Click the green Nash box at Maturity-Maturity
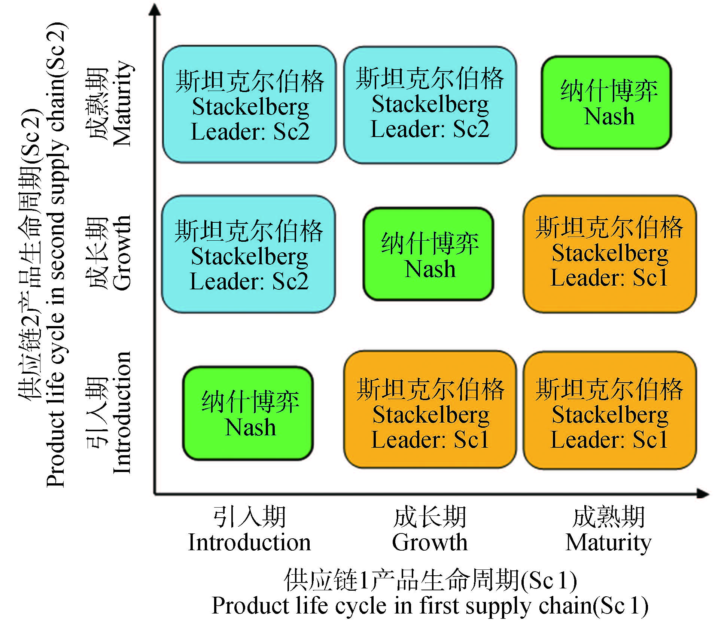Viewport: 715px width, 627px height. click(x=606, y=102)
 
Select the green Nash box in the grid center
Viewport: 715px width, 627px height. click(x=428, y=254)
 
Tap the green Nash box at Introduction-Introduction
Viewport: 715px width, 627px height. click(x=248, y=413)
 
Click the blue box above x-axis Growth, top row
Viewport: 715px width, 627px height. click(x=430, y=105)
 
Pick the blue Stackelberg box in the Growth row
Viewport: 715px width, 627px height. click(x=249, y=254)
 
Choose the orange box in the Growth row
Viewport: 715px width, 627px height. click(x=609, y=254)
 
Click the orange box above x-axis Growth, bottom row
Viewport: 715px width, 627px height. click(x=430, y=410)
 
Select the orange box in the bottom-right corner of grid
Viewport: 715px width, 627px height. click(x=609, y=410)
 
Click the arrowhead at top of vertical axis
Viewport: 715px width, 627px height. click(x=155, y=9)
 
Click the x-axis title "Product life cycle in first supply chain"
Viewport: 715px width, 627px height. click(x=430, y=606)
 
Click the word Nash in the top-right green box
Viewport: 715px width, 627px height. click(x=609, y=116)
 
